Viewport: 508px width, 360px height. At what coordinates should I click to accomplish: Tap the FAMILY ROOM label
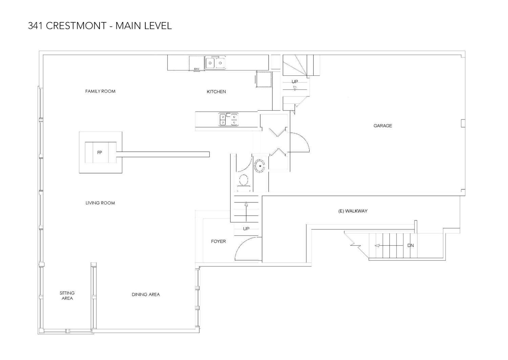100,91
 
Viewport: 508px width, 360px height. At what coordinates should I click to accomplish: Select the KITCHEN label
216,92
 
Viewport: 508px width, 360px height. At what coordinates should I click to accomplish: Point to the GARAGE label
383,126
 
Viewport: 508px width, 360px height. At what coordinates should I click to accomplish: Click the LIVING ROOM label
100,203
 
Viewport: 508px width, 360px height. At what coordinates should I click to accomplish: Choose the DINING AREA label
146,295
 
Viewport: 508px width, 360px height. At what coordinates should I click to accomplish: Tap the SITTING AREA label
67,296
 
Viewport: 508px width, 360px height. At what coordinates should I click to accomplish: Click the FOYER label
218,242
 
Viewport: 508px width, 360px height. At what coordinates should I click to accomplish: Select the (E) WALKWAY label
353,211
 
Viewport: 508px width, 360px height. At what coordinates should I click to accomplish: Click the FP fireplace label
100,153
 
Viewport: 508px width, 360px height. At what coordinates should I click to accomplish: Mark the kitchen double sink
215,63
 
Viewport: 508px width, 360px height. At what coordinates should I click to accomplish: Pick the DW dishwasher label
196,69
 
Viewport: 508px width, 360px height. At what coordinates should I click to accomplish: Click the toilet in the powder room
244,181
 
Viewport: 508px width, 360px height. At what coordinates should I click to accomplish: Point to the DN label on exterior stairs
410,246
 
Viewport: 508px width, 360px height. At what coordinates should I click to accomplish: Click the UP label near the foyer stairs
246,229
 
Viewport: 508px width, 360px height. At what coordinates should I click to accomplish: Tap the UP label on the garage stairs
295,82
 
